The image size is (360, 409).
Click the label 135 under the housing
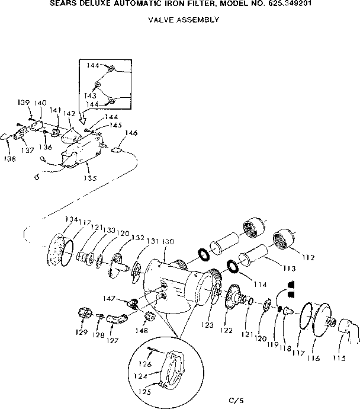tap(90, 177)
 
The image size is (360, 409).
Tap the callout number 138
tap(10, 159)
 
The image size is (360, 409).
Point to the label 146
tap(131, 133)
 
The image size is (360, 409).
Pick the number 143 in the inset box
tap(89, 95)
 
